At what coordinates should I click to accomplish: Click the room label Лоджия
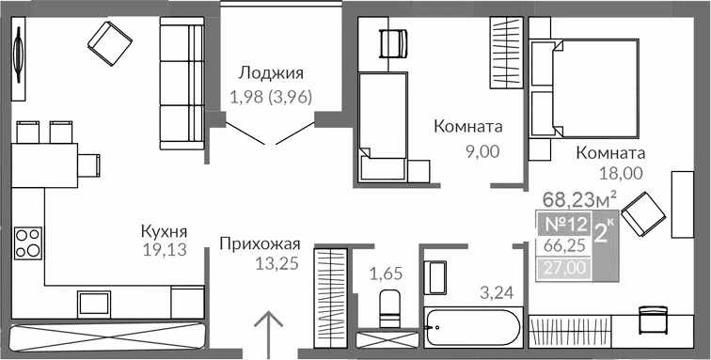271,72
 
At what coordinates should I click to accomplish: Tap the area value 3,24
496,292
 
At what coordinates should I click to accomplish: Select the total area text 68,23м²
579,198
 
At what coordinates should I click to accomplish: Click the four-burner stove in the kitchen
27,243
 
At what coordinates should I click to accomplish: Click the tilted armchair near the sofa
110,40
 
